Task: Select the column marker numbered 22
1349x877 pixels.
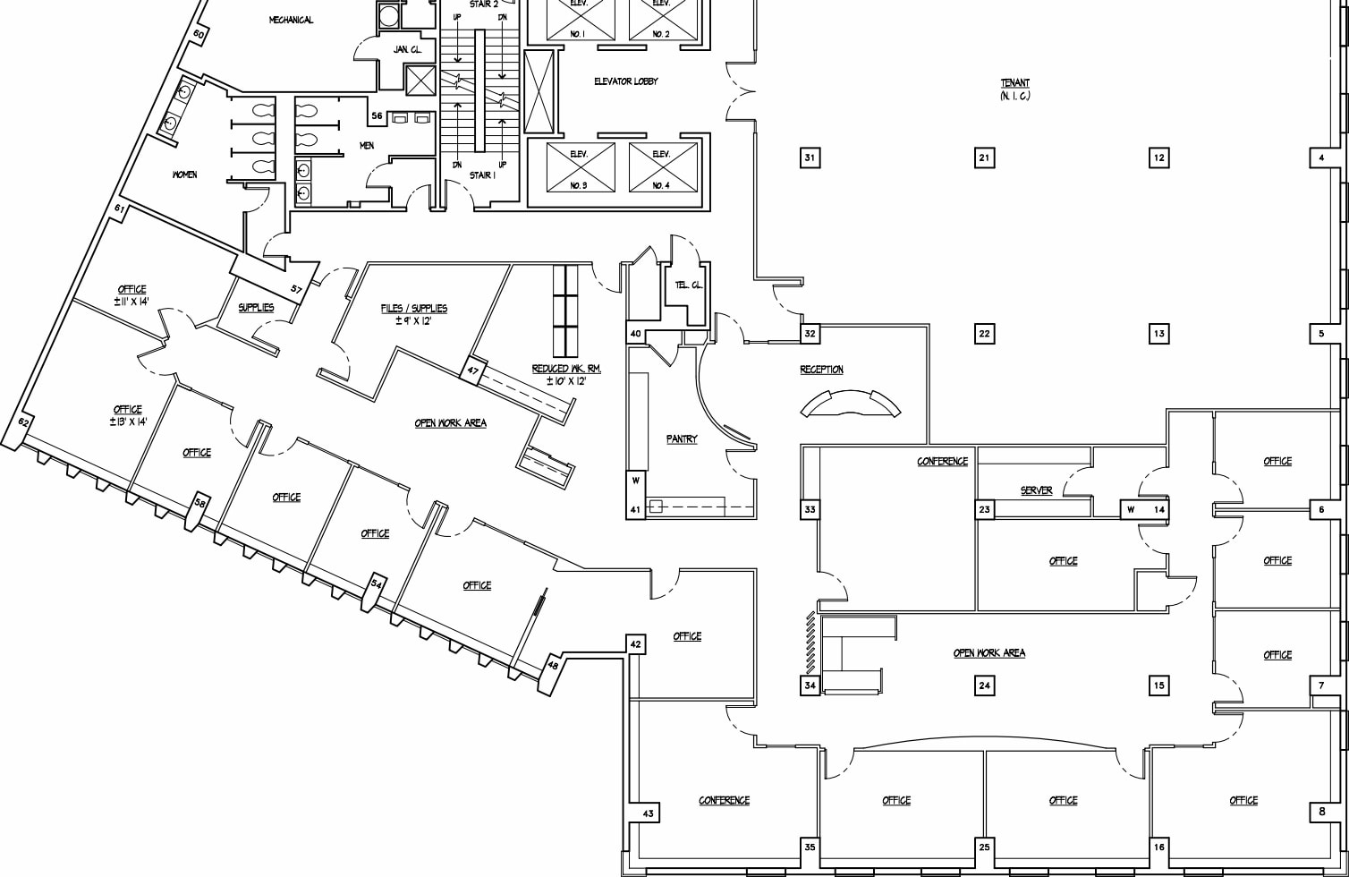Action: (x=984, y=334)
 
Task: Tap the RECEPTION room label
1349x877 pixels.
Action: (x=821, y=370)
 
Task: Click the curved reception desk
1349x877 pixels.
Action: (x=851, y=404)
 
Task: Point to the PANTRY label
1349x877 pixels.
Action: (x=681, y=439)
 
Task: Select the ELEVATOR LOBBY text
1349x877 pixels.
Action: (x=625, y=81)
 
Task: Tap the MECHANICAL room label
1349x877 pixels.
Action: (x=291, y=20)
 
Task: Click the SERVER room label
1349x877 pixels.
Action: (x=1036, y=490)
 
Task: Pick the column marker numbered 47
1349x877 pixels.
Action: (x=473, y=370)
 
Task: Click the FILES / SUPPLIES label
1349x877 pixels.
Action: (x=413, y=309)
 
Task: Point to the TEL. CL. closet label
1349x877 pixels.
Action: (x=689, y=285)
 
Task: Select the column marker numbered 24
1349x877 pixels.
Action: (x=984, y=685)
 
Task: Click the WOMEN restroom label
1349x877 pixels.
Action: (x=184, y=175)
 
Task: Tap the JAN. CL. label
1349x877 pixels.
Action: (x=406, y=50)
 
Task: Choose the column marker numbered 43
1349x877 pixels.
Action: (x=649, y=813)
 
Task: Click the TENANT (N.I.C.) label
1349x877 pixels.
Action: (x=1014, y=89)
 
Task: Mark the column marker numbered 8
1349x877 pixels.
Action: (x=1322, y=812)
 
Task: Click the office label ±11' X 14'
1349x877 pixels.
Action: (x=132, y=294)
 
